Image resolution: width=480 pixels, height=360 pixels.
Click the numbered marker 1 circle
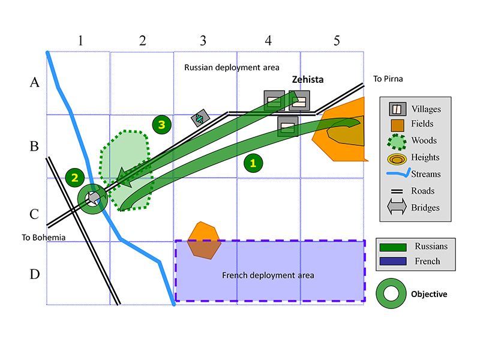[253, 162]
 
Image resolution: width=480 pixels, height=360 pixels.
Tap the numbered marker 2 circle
[75, 177]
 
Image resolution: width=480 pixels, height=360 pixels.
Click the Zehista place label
[308, 79]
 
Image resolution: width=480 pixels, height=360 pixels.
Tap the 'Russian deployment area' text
[232, 68]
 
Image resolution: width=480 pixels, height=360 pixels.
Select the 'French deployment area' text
[268, 275]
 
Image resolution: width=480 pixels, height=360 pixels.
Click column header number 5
[337, 41]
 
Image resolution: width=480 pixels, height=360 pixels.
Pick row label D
[35, 275]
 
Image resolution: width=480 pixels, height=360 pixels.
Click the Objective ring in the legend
[390, 293]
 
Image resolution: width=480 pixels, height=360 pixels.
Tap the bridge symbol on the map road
[199, 119]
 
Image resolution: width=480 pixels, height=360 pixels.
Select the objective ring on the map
[92, 198]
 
